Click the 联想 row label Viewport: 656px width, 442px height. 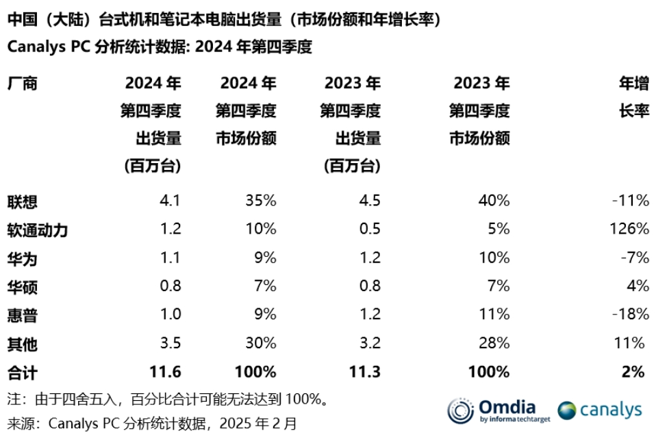(22, 201)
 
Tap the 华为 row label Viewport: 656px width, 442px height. (22, 258)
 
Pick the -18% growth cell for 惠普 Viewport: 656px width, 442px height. (631, 315)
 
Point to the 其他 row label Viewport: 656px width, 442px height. (22, 343)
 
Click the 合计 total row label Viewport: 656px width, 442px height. (22, 372)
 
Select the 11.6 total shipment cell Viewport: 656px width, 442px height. (165, 372)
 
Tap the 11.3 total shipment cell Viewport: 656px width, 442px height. (365, 372)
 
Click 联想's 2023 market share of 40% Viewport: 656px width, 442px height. (494, 201)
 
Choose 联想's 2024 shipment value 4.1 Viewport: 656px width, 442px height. (170, 201)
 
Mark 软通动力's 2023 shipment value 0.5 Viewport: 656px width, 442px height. (370, 229)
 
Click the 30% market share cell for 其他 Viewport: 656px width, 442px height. (260, 343)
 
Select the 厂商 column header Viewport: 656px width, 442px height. (22, 84)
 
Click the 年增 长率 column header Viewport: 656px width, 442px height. (633, 97)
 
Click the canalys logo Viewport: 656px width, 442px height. (599, 410)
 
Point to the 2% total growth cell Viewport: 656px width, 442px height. (633, 372)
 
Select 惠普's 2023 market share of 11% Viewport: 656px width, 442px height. (495, 315)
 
